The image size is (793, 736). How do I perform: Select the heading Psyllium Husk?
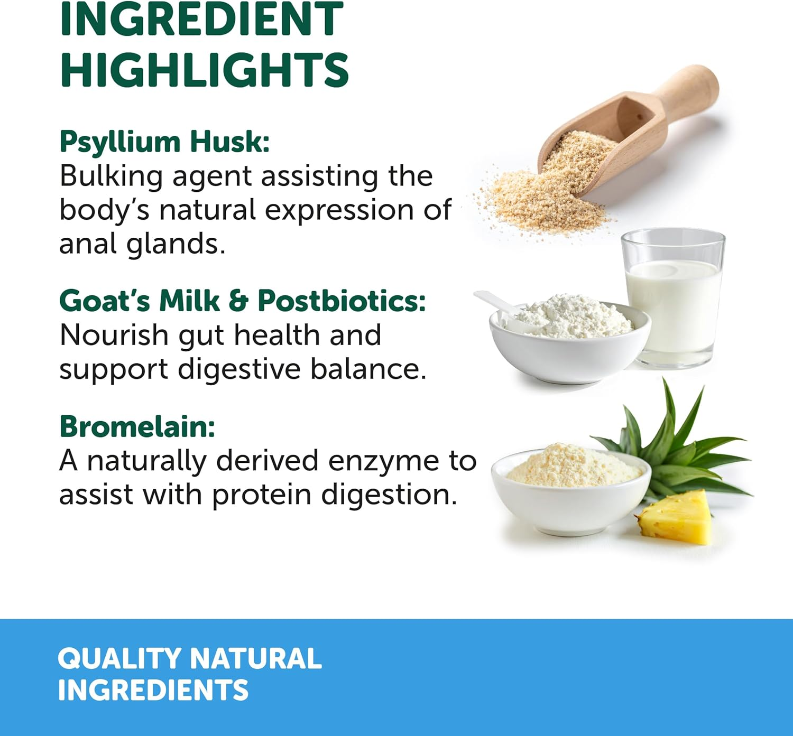[164, 142]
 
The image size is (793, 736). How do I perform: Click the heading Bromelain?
[137, 426]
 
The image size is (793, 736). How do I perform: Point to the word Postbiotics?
[342, 301]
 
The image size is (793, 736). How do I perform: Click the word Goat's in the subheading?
[105, 301]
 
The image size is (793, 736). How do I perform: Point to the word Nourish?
[114, 335]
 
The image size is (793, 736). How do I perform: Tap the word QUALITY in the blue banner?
[119, 659]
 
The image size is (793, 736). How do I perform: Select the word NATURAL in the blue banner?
[255, 659]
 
